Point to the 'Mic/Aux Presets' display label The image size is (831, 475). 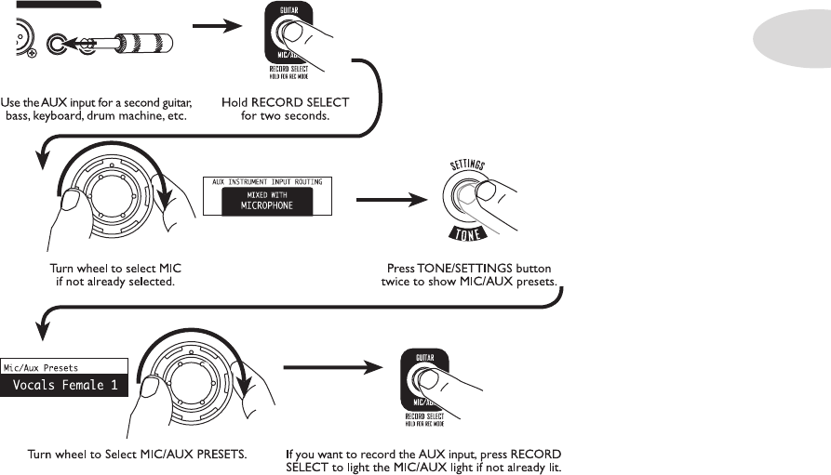(41, 368)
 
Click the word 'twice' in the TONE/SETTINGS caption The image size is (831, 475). (397, 280)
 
